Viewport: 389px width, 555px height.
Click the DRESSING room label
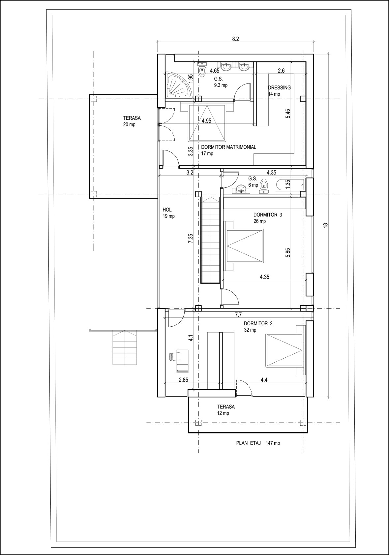(x=279, y=88)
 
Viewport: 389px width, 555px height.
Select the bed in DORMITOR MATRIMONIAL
(x=206, y=123)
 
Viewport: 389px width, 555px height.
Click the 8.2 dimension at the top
(x=235, y=39)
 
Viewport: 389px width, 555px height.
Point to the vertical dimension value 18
(x=326, y=225)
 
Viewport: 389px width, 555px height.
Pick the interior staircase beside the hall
(x=210, y=239)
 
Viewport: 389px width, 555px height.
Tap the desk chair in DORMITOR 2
(x=174, y=356)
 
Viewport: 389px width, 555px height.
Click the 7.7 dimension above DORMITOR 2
(x=238, y=315)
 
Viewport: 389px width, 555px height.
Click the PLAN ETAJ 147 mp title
(x=258, y=443)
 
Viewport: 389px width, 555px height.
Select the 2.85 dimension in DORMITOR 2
(x=183, y=380)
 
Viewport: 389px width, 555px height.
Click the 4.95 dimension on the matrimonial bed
(x=206, y=121)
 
